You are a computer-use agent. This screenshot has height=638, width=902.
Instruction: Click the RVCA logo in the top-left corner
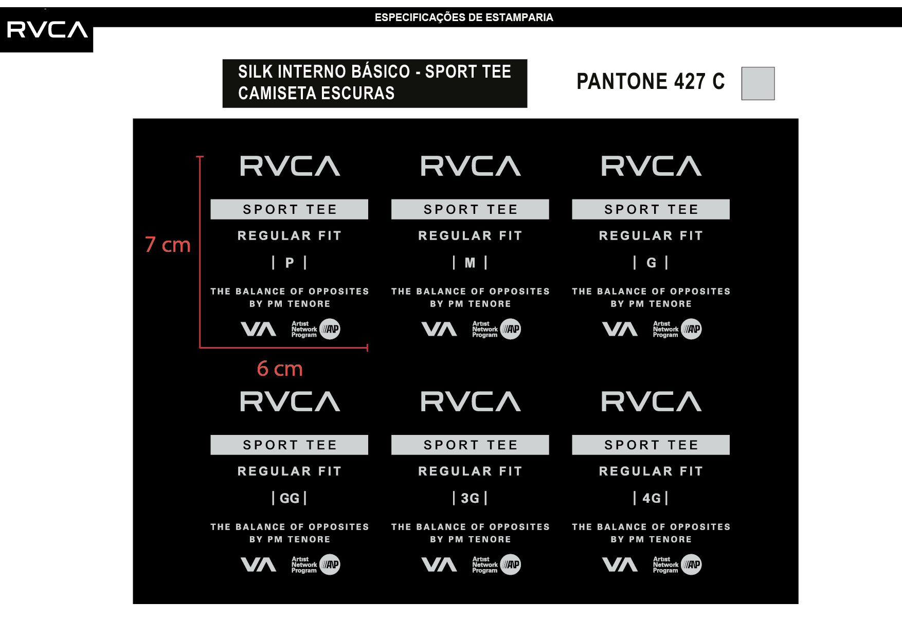click(x=47, y=30)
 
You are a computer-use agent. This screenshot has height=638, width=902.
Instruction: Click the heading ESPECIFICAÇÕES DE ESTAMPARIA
click(x=464, y=17)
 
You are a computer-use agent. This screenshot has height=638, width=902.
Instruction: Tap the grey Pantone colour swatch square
click(x=757, y=83)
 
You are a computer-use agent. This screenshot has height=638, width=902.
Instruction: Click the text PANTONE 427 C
click(x=651, y=81)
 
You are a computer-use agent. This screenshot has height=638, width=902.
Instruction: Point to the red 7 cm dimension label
click(x=168, y=245)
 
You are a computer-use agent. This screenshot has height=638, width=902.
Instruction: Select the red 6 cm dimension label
click(x=280, y=369)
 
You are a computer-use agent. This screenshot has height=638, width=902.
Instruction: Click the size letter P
click(x=290, y=263)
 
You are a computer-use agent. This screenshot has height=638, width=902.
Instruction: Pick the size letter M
click(x=470, y=263)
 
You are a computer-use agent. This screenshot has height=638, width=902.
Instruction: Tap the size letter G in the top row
click(x=651, y=263)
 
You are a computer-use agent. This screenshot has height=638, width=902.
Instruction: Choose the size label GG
click(x=290, y=498)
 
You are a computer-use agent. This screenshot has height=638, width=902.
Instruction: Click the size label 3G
click(x=470, y=498)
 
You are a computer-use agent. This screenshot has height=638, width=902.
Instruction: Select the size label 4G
click(x=651, y=498)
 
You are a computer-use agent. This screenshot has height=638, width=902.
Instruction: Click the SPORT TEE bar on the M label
click(x=470, y=209)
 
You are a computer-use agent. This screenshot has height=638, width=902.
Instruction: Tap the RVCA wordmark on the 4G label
click(x=651, y=402)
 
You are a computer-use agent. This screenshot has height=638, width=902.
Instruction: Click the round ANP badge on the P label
click(x=330, y=329)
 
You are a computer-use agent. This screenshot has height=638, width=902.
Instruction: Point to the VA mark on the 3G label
click(x=439, y=564)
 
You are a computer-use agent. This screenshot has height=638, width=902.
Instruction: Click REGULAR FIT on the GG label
click(x=290, y=471)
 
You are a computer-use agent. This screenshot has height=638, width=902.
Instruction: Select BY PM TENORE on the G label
click(x=651, y=304)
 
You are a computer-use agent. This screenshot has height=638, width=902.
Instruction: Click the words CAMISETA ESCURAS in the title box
click(x=316, y=93)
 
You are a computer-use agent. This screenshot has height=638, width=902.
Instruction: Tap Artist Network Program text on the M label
click(x=484, y=330)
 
